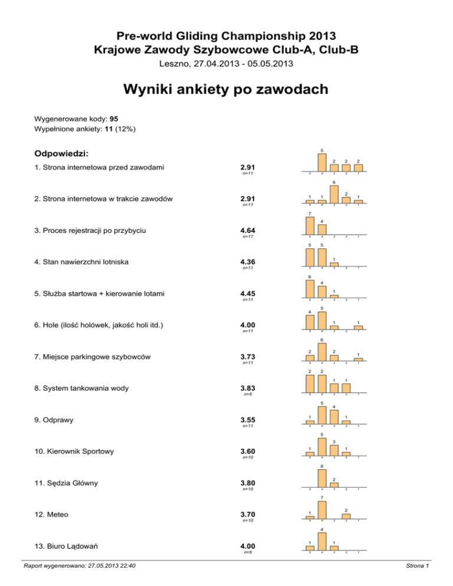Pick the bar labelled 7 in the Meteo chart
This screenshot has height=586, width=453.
[322, 510]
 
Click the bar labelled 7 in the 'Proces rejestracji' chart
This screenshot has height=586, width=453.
[310, 225]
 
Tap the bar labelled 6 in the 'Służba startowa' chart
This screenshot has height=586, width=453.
[310, 289]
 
